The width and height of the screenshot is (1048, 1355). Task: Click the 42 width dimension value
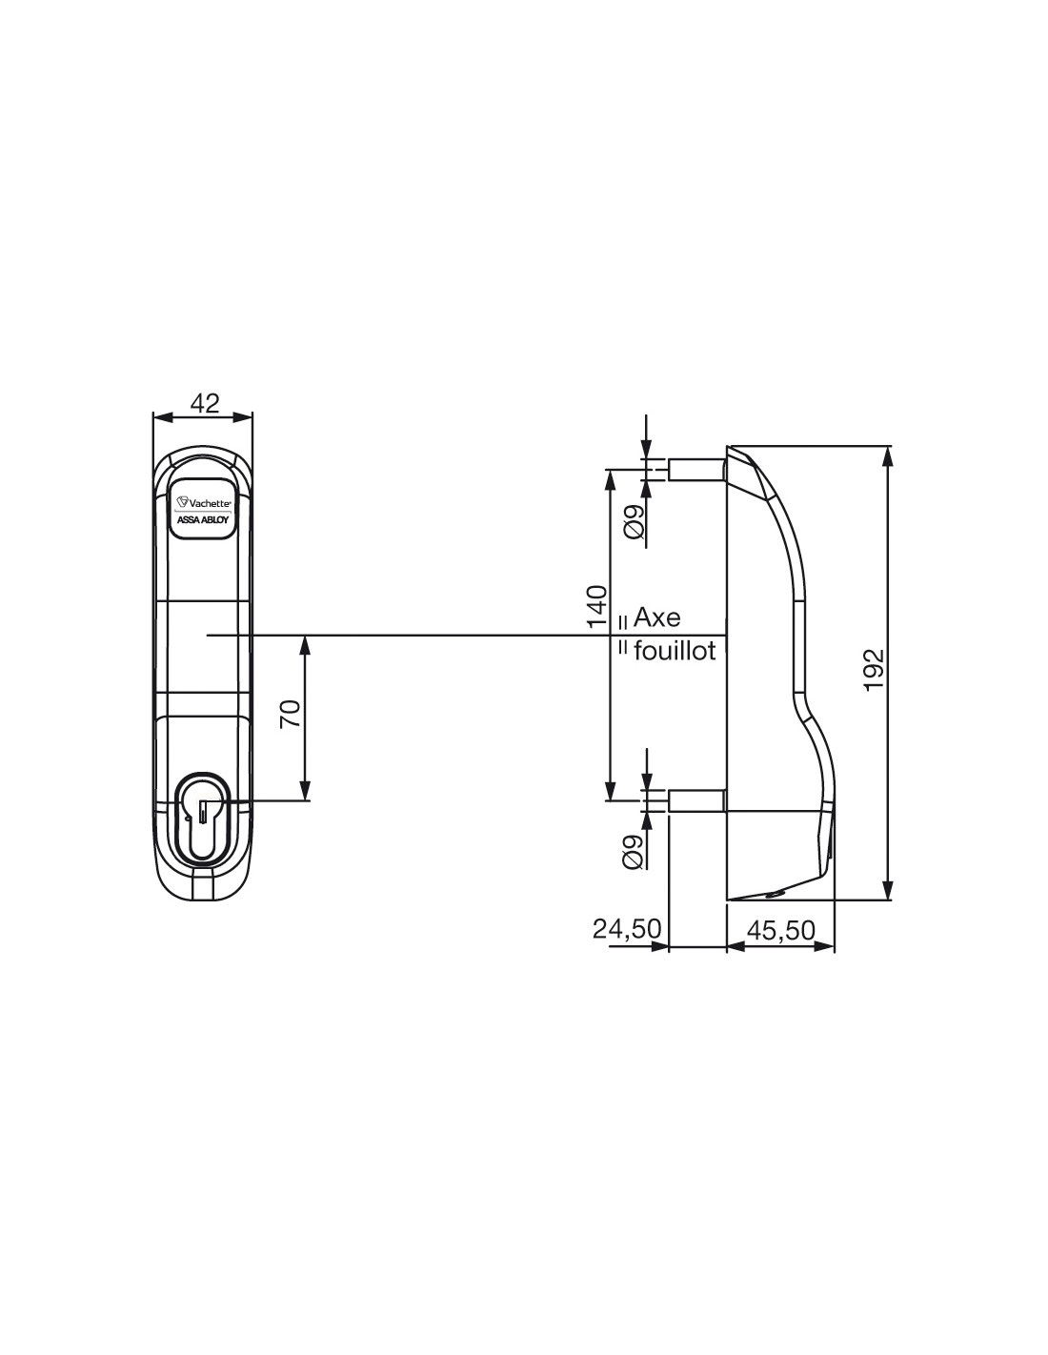(205, 403)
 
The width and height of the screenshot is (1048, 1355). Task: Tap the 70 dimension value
(292, 714)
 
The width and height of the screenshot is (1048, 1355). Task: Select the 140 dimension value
(596, 606)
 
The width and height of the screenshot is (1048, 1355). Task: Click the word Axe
(657, 618)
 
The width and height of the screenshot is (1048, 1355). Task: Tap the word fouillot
(675, 652)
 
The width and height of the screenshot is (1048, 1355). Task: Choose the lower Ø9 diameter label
(633, 853)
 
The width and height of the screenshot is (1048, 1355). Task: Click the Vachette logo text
(205, 501)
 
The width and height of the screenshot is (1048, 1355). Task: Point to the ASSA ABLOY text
(204, 520)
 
